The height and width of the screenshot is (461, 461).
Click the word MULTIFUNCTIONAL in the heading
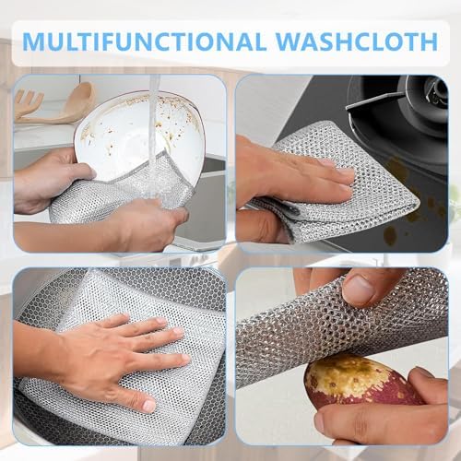(x=144, y=41)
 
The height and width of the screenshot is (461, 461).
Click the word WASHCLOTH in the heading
(x=357, y=41)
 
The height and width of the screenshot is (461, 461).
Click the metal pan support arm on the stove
(x=376, y=99)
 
